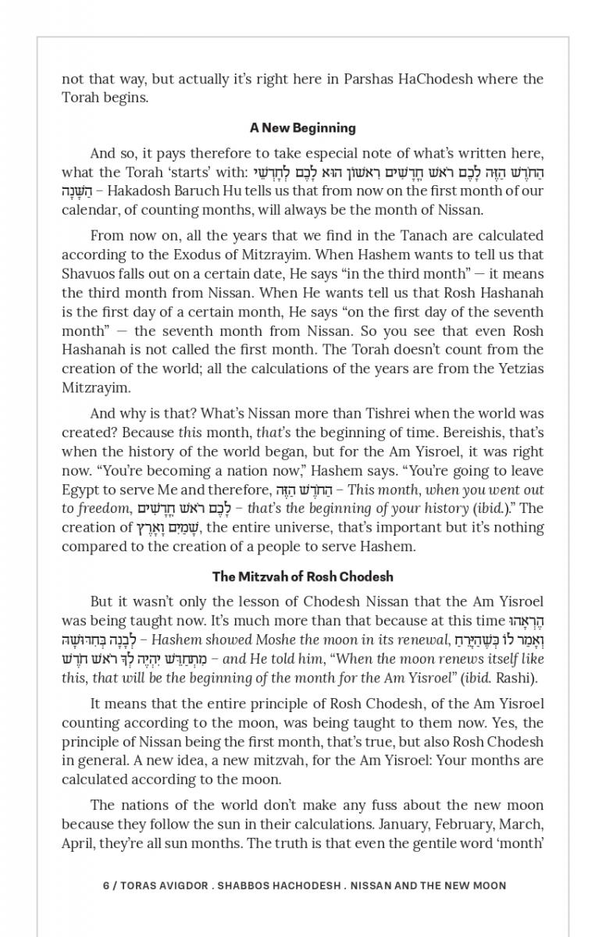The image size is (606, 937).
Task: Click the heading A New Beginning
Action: tap(302, 128)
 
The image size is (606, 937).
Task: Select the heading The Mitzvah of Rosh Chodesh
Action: tap(302, 577)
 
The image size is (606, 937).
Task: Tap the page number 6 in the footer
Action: tap(106, 885)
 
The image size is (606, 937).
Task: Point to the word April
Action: tap(77, 843)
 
